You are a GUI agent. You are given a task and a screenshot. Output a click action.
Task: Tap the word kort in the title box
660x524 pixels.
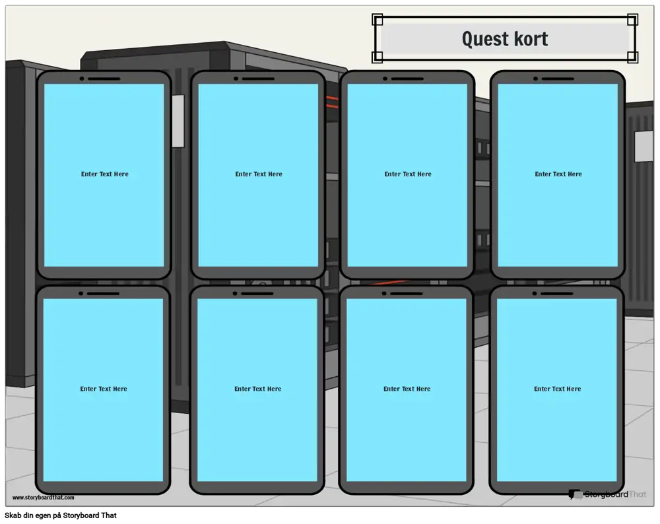[531, 39]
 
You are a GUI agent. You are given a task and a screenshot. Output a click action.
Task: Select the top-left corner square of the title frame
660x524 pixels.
[378, 20]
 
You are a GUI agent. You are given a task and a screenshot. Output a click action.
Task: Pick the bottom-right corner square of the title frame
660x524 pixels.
[632, 57]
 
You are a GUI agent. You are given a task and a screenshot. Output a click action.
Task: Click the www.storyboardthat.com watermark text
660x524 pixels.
[44, 498]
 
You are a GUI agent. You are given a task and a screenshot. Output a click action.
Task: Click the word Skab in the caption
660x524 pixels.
[12, 515]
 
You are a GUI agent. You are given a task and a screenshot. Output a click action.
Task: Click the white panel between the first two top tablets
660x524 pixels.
[178, 121]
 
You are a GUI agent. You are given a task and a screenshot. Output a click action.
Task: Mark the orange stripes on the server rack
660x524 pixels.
[332, 102]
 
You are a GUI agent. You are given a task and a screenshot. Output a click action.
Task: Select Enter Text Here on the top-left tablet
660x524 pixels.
[105, 174]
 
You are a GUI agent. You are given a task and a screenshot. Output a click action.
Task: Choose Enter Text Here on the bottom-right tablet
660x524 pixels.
[557, 389]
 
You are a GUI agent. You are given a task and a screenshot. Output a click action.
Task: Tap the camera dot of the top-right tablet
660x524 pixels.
[535, 79]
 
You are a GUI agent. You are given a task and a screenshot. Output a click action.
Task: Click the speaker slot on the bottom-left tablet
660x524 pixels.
[103, 294]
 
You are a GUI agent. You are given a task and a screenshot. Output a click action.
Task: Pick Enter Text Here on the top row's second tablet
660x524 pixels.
[259, 174]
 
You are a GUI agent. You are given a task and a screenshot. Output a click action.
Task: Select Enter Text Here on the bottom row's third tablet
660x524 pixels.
[407, 389]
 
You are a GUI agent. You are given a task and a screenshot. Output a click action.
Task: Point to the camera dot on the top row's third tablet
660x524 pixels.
[385, 79]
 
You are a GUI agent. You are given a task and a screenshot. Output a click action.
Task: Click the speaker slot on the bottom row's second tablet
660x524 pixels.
[257, 294]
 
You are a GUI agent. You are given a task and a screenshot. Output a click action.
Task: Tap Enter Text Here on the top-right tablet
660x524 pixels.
[558, 174]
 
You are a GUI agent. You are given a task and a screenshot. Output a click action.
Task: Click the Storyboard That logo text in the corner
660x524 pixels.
[615, 494]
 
